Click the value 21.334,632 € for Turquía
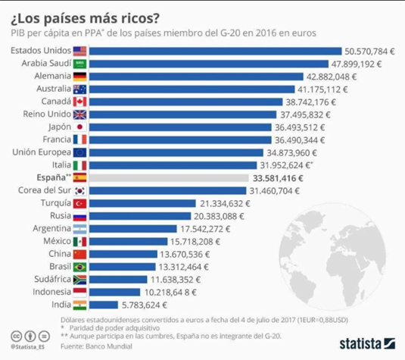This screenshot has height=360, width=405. pos(226,203)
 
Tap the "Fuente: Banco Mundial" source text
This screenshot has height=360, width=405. pos(103,346)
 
